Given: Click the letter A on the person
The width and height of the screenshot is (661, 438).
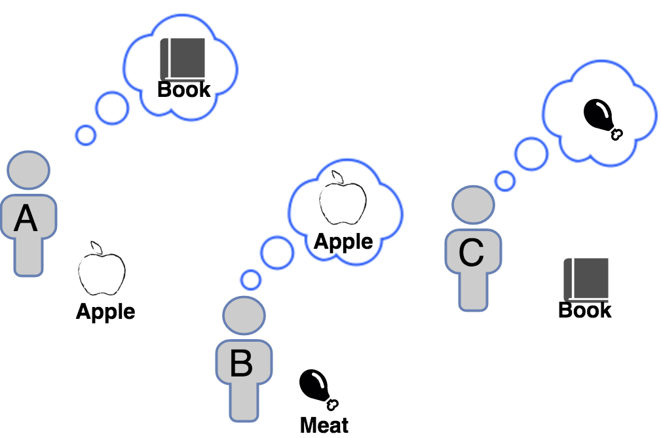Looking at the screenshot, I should [x=26, y=219].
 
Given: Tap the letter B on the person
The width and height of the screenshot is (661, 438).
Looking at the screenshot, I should [x=241, y=363].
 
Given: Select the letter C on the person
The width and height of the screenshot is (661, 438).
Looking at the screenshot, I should [x=471, y=252].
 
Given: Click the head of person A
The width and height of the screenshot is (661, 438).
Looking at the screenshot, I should [x=29, y=170].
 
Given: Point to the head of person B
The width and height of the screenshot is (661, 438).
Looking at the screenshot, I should [x=244, y=316].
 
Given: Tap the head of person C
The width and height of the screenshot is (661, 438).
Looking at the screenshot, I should [x=474, y=205].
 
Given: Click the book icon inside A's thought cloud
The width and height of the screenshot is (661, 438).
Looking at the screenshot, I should [x=183, y=59].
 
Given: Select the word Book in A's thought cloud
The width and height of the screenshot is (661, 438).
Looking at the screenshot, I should [x=184, y=90].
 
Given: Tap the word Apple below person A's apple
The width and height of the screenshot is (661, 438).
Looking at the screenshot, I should [x=105, y=312].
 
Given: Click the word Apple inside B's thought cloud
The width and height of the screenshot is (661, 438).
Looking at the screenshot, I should [x=343, y=242].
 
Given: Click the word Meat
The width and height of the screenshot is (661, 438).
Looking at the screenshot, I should [x=324, y=425].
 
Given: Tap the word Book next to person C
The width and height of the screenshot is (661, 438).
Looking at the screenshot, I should [x=584, y=310].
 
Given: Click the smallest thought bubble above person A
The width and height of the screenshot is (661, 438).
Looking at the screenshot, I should [x=85, y=134].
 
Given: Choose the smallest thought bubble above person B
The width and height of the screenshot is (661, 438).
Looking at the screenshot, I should [x=250, y=280].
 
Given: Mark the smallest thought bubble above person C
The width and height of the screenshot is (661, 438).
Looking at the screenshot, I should [x=504, y=181].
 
